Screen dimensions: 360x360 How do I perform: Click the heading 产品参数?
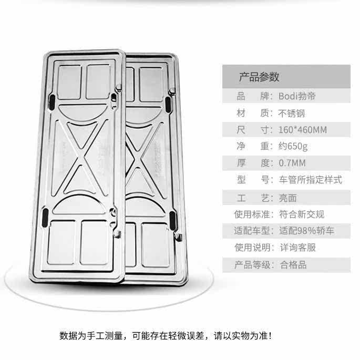coord(259,77)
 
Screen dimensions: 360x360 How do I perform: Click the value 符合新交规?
coord(300,214)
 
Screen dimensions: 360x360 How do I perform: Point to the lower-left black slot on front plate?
coord(45,214)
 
